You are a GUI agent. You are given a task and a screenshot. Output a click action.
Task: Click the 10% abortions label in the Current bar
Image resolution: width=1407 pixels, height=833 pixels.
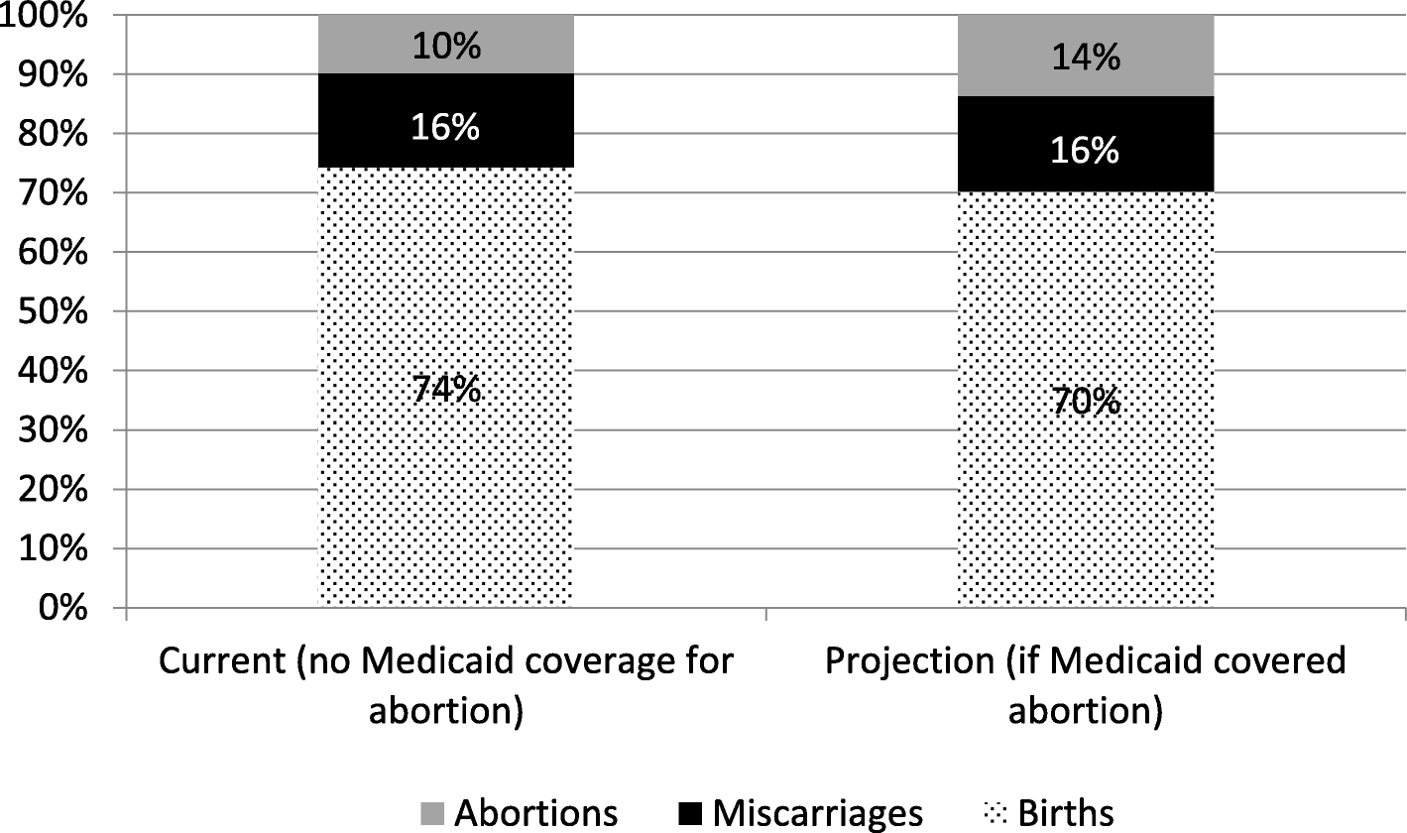coord(445,46)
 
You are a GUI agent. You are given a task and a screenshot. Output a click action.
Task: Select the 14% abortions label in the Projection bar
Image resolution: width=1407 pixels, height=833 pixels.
coord(1085,58)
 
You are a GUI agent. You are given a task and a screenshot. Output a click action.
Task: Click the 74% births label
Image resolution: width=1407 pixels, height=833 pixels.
coord(445,390)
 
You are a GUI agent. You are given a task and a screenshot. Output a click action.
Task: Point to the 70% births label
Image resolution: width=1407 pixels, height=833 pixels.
coord(1085,402)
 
